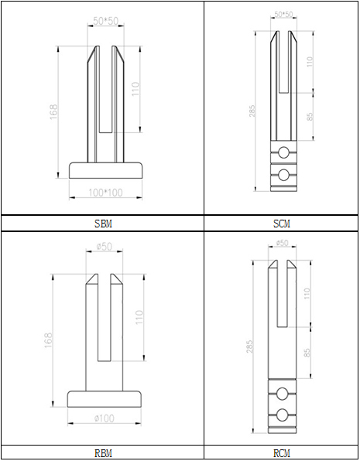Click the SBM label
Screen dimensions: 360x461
coord(103,224)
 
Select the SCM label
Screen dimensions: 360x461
coord(282,224)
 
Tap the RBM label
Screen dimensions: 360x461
coord(103,453)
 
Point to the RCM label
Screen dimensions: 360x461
coord(282,453)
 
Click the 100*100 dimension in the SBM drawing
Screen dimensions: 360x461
coord(105,193)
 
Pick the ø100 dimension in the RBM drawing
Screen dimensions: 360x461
coord(105,418)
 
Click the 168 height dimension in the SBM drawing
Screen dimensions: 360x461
coord(53,112)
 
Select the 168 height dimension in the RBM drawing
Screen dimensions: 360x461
coord(48,340)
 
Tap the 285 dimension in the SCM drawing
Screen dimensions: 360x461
coord(252,111)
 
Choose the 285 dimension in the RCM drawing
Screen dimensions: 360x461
coord(249,347)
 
